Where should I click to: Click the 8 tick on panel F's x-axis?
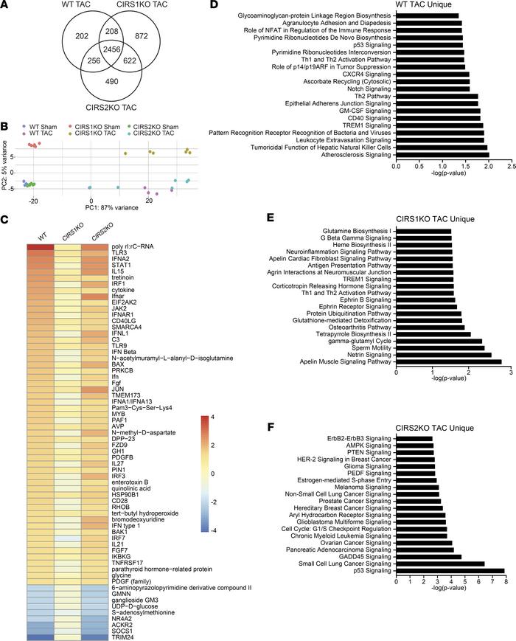tap(505, 581)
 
